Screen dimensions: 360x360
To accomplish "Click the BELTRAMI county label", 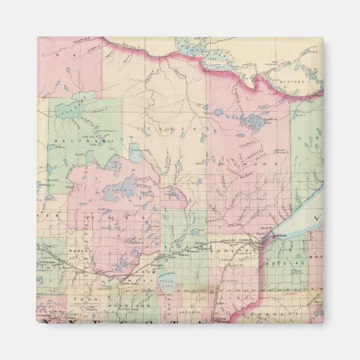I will pyautogui.click(x=79, y=141).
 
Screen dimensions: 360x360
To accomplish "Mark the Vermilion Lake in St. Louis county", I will pyautogui.click(x=254, y=120).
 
